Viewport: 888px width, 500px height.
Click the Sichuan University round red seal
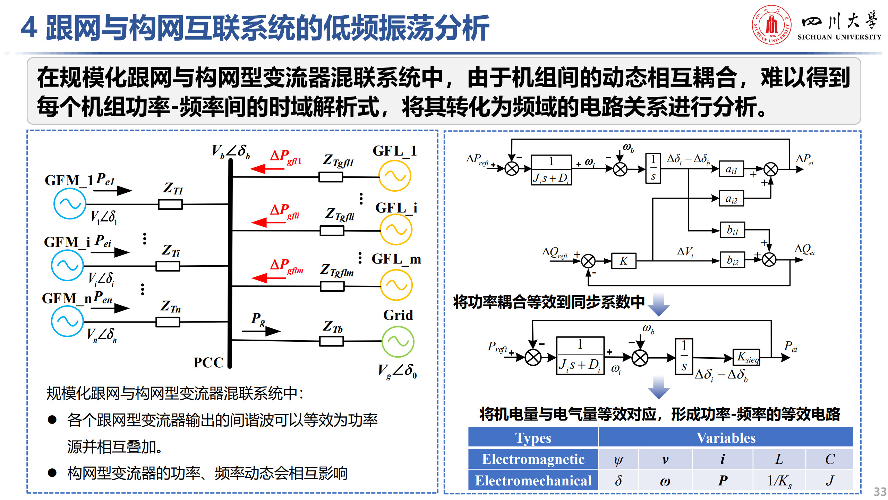click(x=771, y=25)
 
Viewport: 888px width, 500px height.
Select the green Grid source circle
click(x=398, y=342)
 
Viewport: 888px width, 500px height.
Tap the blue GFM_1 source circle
click(x=70, y=204)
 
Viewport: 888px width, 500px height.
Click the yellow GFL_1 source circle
click(x=395, y=176)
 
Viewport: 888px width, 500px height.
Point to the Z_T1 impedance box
click(x=170, y=204)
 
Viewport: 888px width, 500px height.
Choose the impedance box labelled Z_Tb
click(x=332, y=341)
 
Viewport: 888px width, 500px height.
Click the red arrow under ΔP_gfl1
click(x=266, y=169)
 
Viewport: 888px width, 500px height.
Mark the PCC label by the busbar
click(x=208, y=362)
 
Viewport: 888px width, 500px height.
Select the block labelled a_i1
click(x=731, y=169)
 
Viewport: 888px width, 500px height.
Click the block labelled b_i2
click(x=732, y=260)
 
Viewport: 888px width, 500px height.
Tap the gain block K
click(x=624, y=261)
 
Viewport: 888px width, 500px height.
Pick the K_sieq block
click(x=746, y=357)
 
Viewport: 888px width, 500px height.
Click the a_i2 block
click(x=731, y=199)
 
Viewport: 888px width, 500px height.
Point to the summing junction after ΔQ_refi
click(x=588, y=261)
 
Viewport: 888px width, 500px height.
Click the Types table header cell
click(x=533, y=437)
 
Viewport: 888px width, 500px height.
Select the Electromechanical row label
click(x=533, y=481)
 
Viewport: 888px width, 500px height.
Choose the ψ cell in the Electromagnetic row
click(x=618, y=459)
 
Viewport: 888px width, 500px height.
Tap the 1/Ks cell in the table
click(x=779, y=481)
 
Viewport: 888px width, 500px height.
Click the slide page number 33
click(x=880, y=492)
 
